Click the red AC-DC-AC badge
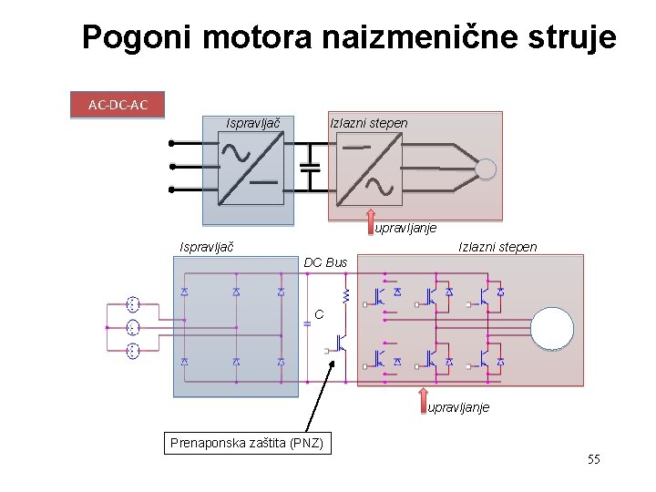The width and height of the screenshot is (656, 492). tap(118, 105)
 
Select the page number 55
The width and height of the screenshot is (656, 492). tap(593, 459)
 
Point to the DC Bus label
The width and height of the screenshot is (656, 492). tap(325, 262)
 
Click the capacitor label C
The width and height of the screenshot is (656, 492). tap(319, 315)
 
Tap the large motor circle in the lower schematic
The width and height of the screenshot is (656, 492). tap(552, 329)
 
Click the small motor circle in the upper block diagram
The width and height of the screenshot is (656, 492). tap(486, 169)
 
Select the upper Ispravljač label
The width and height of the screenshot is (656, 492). tap(252, 123)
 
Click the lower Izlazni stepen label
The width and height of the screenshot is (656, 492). tap(497, 247)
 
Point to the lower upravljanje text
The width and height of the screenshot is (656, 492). tap(458, 407)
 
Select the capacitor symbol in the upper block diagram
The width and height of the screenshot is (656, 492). tap(311, 169)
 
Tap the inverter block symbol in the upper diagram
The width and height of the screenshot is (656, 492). tap(368, 169)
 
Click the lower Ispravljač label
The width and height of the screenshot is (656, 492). tap(207, 247)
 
